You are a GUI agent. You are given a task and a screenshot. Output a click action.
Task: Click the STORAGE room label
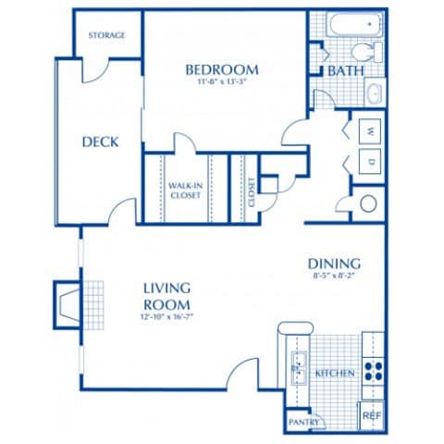[106, 35]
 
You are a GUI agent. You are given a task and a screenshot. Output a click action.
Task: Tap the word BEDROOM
[221, 69]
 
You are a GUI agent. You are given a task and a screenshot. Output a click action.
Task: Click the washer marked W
[370, 129]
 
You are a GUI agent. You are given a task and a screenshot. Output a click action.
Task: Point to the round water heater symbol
[368, 204]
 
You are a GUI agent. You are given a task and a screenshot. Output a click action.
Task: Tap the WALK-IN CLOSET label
[185, 191]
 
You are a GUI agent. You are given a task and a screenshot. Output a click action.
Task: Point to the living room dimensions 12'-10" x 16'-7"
[166, 317]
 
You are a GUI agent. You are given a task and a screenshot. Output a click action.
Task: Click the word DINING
[334, 263]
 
